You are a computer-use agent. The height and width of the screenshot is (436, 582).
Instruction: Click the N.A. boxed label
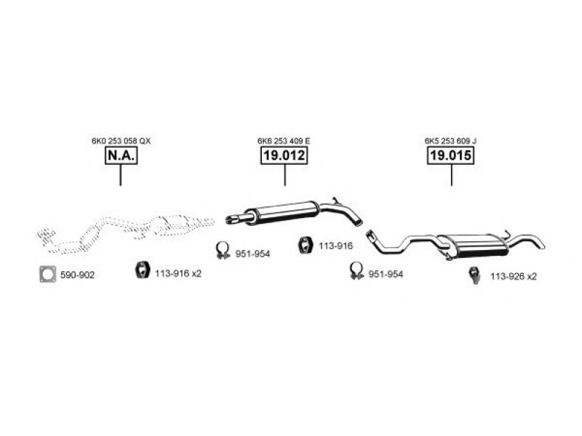(121, 156)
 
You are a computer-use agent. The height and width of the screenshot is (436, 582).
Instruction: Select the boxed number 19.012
(284, 156)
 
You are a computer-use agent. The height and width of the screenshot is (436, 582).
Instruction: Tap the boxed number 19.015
(451, 156)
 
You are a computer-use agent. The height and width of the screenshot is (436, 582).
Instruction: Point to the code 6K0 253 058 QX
(121, 140)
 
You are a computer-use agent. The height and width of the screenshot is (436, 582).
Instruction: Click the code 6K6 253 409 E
(284, 140)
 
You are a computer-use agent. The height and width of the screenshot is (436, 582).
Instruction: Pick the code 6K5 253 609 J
(451, 140)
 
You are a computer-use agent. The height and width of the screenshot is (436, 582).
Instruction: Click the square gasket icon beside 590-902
(48, 274)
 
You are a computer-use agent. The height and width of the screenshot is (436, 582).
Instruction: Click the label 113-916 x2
(178, 274)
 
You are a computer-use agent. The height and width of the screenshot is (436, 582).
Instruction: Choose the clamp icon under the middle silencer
(223, 251)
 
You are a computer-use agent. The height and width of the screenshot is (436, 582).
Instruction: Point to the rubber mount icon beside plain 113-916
(306, 246)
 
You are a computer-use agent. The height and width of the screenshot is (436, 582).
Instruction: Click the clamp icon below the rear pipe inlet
(356, 272)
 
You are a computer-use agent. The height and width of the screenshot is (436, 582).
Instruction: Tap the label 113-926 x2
(513, 276)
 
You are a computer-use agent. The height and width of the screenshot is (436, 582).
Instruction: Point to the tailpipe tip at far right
(540, 244)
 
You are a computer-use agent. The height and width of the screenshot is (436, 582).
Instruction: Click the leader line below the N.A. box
(121, 175)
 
